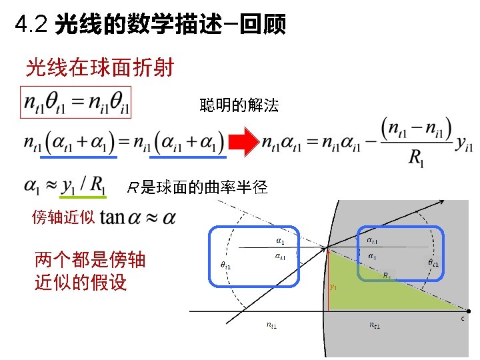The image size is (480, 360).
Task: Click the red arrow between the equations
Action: [x=243, y=142]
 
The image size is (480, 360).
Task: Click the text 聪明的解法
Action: [x=239, y=105]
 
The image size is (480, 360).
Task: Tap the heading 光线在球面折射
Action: [x=99, y=67]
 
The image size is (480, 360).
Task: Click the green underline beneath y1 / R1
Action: [x=83, y=197]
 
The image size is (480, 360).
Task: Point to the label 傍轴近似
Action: [x=63, y=217]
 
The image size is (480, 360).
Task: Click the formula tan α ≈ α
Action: [x=139, y=217]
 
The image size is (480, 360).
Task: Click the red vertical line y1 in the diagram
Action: [x=328, y=280]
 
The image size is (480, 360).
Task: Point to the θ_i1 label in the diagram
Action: [x=225, y=265]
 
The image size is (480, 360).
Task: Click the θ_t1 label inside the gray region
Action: [x=433, y=263]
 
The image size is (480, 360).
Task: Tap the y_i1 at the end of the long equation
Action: [x=464, y=147]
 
